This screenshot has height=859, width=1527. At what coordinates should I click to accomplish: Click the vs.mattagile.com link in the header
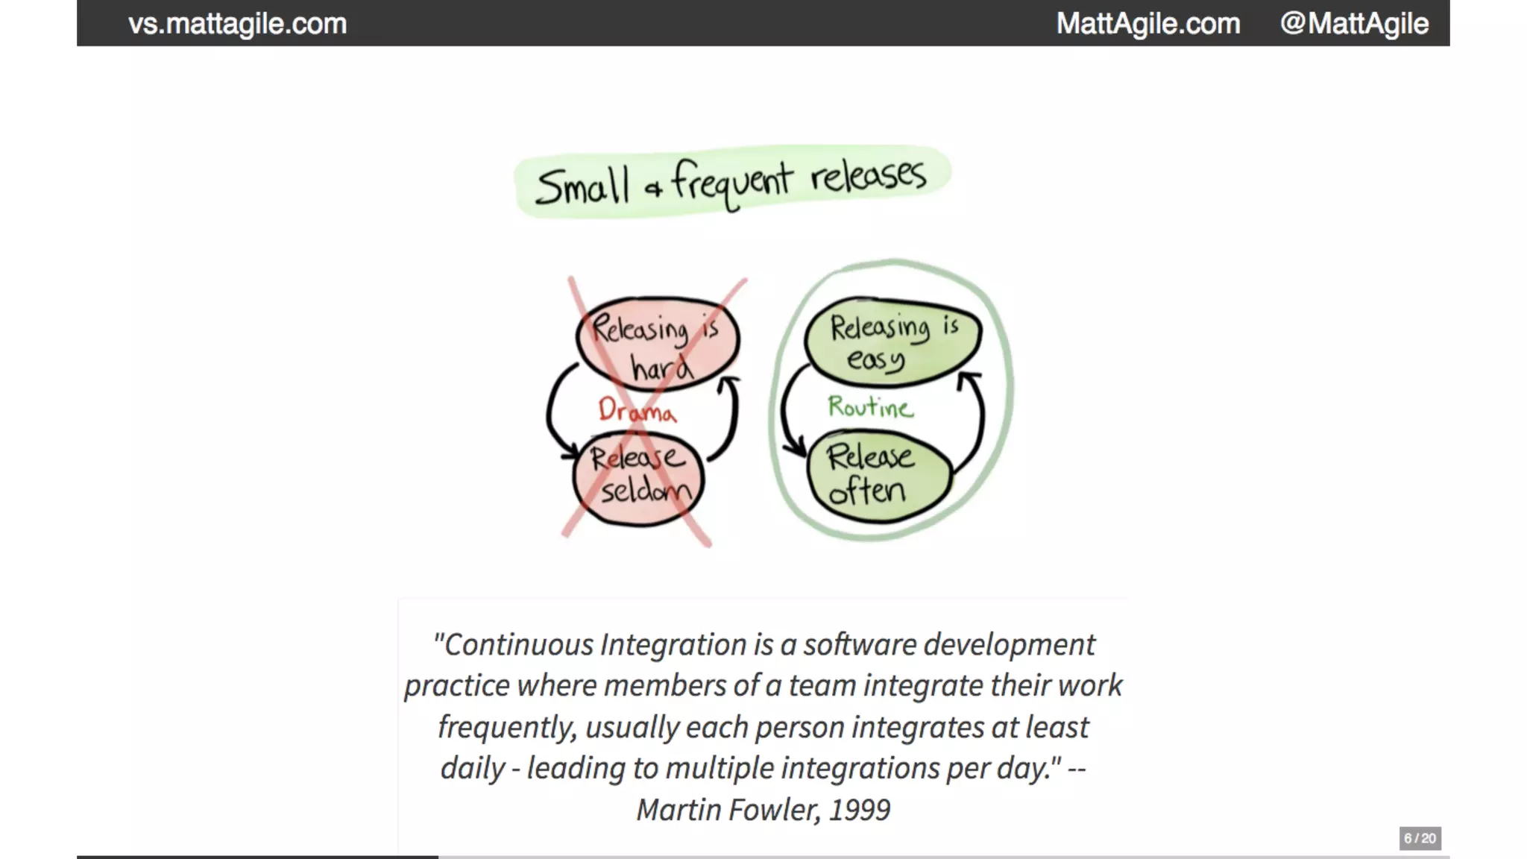click(237, 24)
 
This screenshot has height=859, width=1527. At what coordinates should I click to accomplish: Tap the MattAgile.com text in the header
click(1147, 24)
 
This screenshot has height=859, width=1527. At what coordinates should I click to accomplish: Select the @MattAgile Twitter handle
click(1353, 24)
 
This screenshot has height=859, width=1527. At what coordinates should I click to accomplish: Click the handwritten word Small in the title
click(582, 186)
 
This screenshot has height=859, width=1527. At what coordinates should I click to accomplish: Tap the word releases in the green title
click(868, 176)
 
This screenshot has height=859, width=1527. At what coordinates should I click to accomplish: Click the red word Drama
click(637, 410)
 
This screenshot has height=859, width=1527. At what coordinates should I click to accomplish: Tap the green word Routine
click(870, 407)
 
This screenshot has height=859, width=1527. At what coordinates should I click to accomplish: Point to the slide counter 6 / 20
click(1420, 838)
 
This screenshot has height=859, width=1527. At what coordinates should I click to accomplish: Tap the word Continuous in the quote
click(519, 645)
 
